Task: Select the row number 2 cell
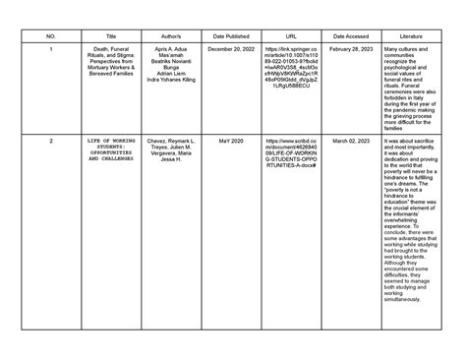pos(50,142)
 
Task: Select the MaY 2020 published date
pos(233,142)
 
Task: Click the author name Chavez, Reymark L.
pos(170,142)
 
